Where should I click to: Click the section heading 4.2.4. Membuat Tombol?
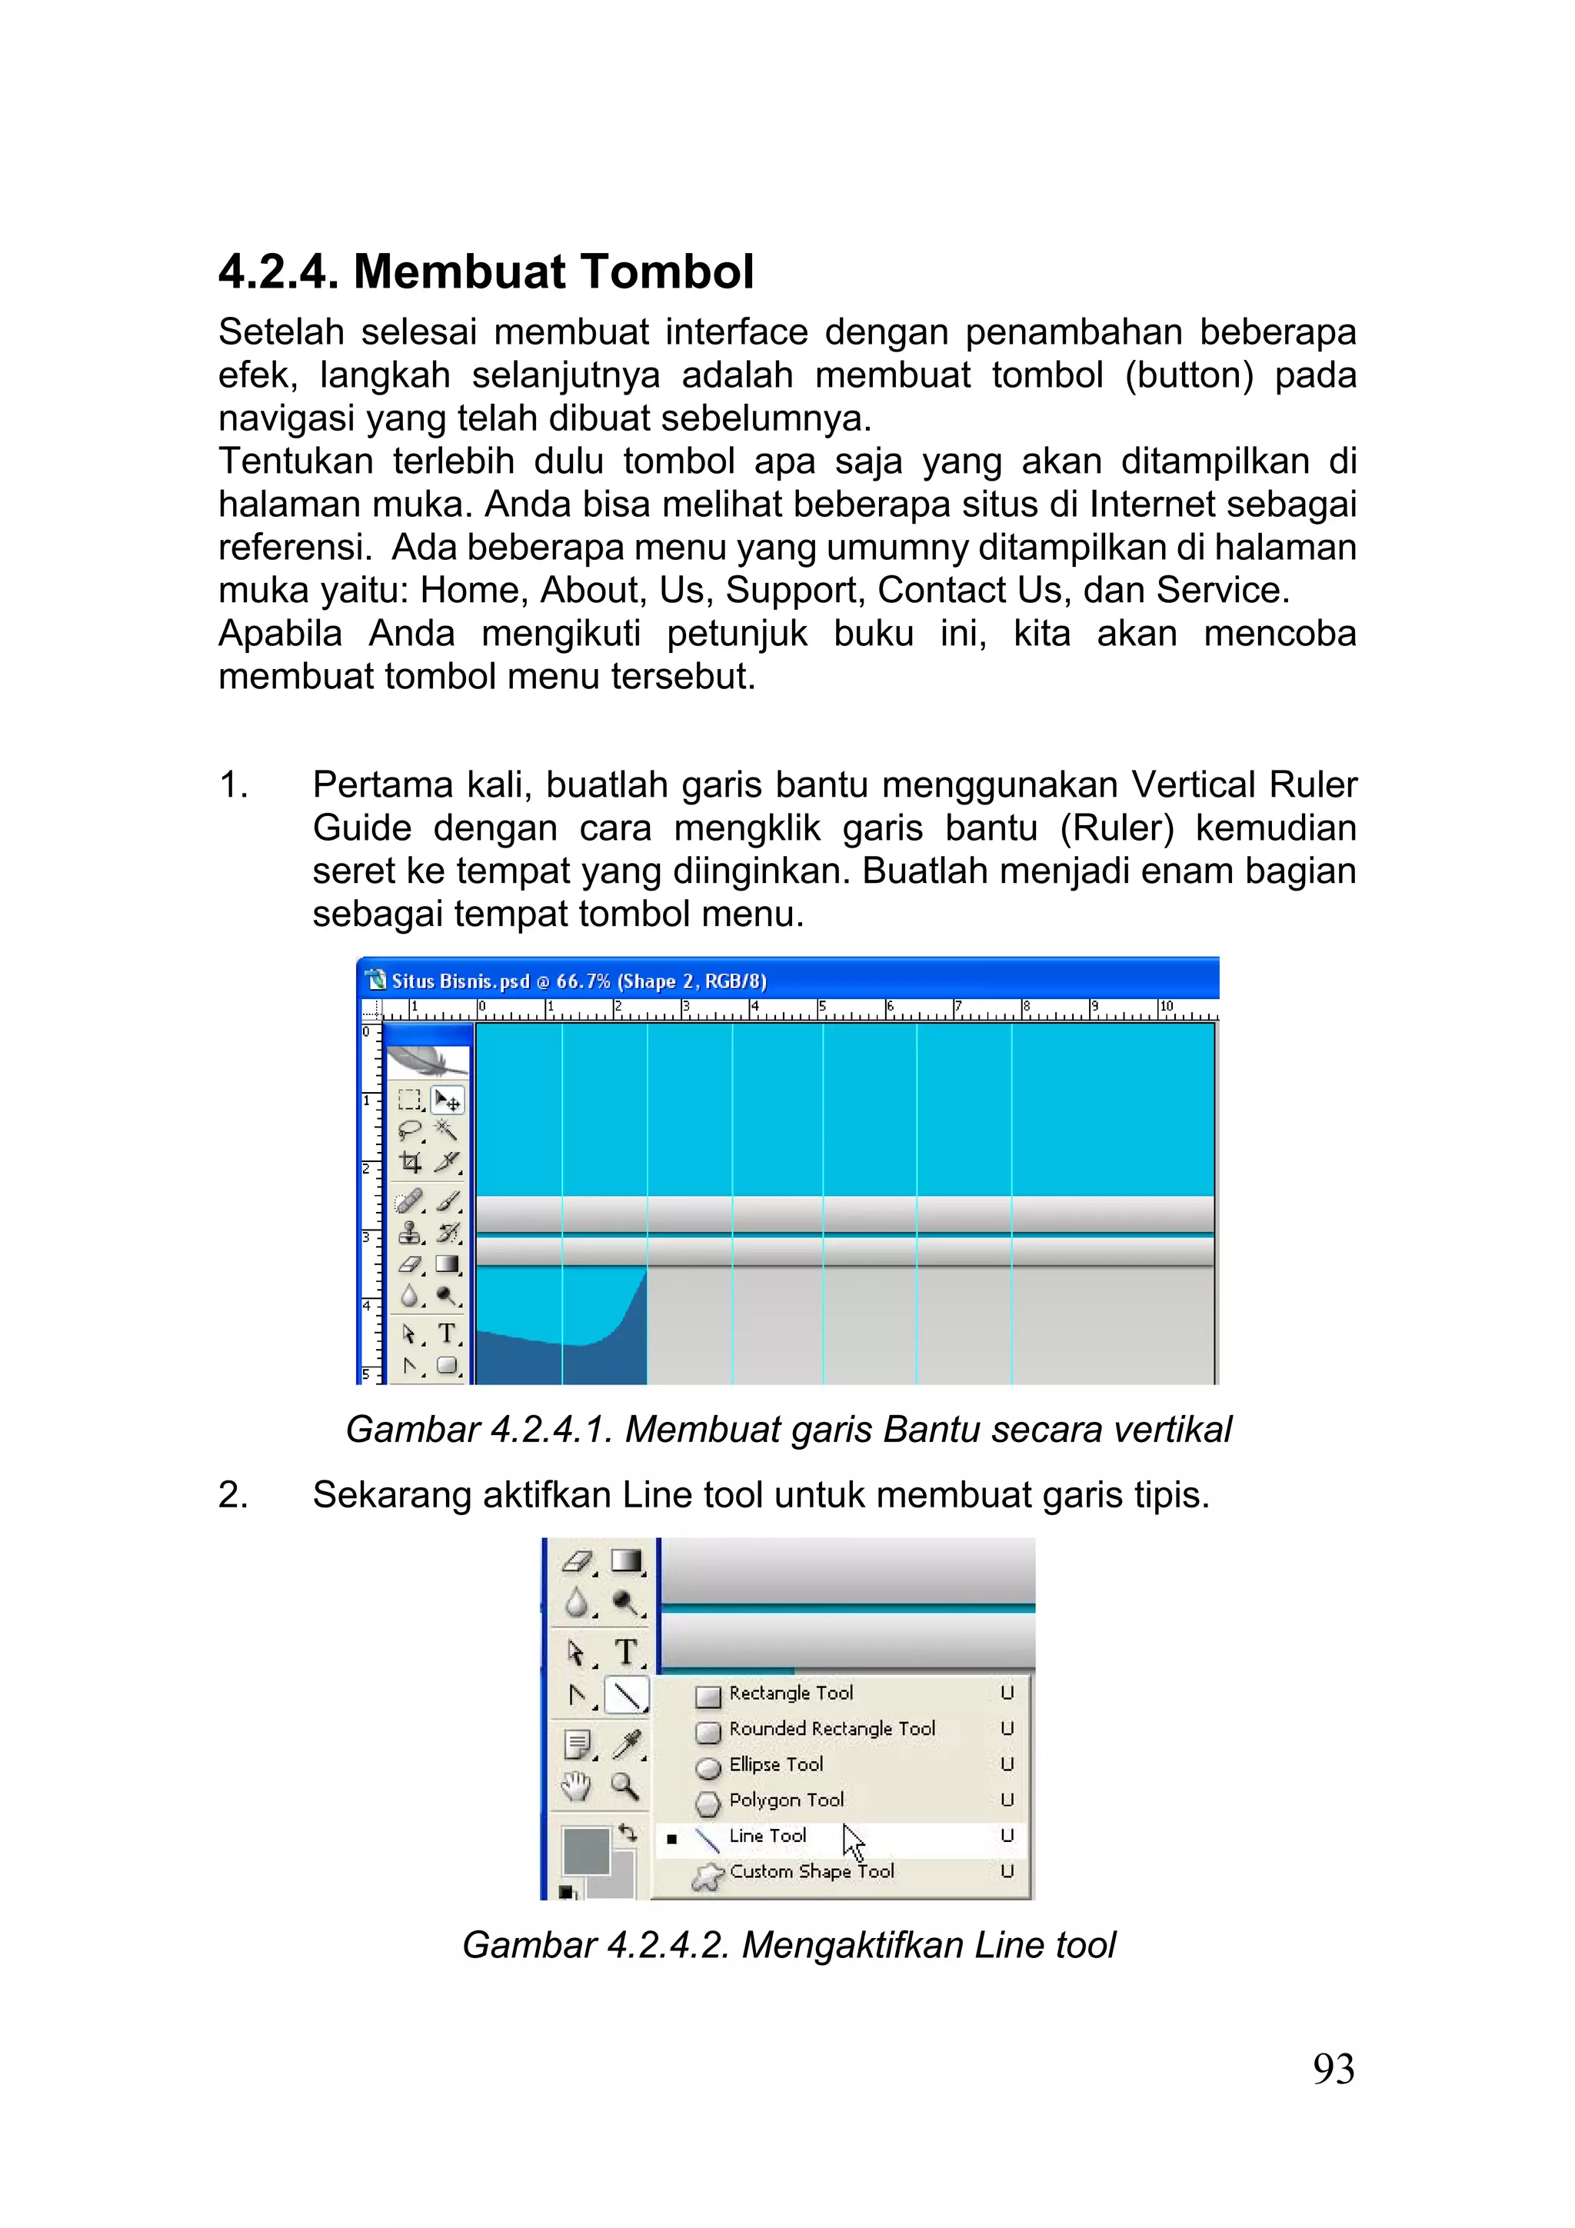(485, 271)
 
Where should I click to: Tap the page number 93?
(1334, 2070)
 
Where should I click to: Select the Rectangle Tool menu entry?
(790, 1693)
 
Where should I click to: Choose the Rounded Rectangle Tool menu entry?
(831, 1729)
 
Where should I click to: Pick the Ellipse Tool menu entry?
(775, 1765)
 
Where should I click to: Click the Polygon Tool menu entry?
(786, 1801)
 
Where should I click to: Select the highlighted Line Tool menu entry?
(767, 1836)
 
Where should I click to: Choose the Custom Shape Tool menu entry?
(811, 1872)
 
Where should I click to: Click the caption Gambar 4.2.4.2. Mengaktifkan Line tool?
(788, 1946)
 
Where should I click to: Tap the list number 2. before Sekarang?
(233, 1495)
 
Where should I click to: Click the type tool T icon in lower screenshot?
(627, 1652)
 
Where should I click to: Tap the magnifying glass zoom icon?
(624, 1786)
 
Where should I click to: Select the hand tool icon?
(578, 1786)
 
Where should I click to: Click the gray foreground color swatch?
(584, 1850)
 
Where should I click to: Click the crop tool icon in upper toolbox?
(411, 1163)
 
